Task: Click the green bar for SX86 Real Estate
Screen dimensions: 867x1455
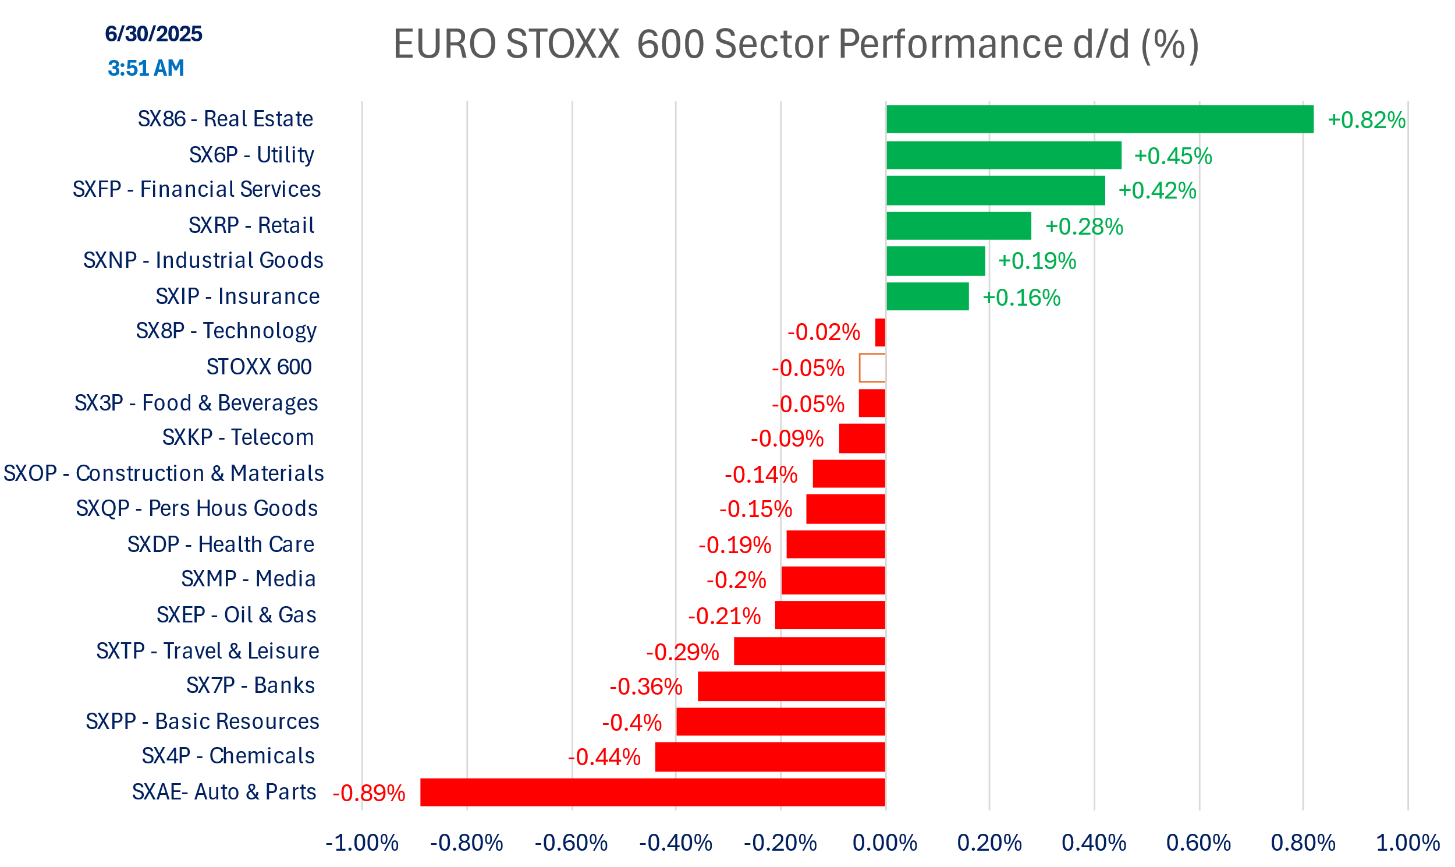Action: [1099, 119]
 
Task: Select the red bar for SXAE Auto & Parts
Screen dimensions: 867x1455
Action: [652, 792]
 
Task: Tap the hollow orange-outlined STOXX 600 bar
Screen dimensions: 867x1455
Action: [872, 367]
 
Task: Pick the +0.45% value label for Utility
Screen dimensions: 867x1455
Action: [1172, 156]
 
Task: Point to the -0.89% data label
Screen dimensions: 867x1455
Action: [368, 794]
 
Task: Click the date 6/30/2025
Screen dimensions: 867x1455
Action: [153, 34]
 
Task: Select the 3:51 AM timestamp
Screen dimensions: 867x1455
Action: [145, 68]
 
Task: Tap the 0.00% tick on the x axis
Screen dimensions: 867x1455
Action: [885, 843]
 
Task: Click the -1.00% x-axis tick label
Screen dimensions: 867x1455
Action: [361, 843]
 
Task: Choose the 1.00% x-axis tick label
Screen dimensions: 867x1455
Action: [1407, 843]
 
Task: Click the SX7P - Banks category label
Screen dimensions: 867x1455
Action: [250, 685]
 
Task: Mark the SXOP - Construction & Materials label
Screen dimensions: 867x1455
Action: [164, 473]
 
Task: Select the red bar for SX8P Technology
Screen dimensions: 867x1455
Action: [880, 332]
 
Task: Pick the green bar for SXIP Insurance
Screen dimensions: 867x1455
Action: [927, 296]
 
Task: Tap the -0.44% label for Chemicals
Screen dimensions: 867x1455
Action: [604, 757]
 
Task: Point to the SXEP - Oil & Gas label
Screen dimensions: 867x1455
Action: [236, 615]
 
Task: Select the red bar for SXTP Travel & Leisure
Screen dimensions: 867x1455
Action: [809, 651]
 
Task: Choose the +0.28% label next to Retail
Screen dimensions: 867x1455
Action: [1084, 227]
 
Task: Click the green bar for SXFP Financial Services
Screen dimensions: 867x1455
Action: [995, 190]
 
